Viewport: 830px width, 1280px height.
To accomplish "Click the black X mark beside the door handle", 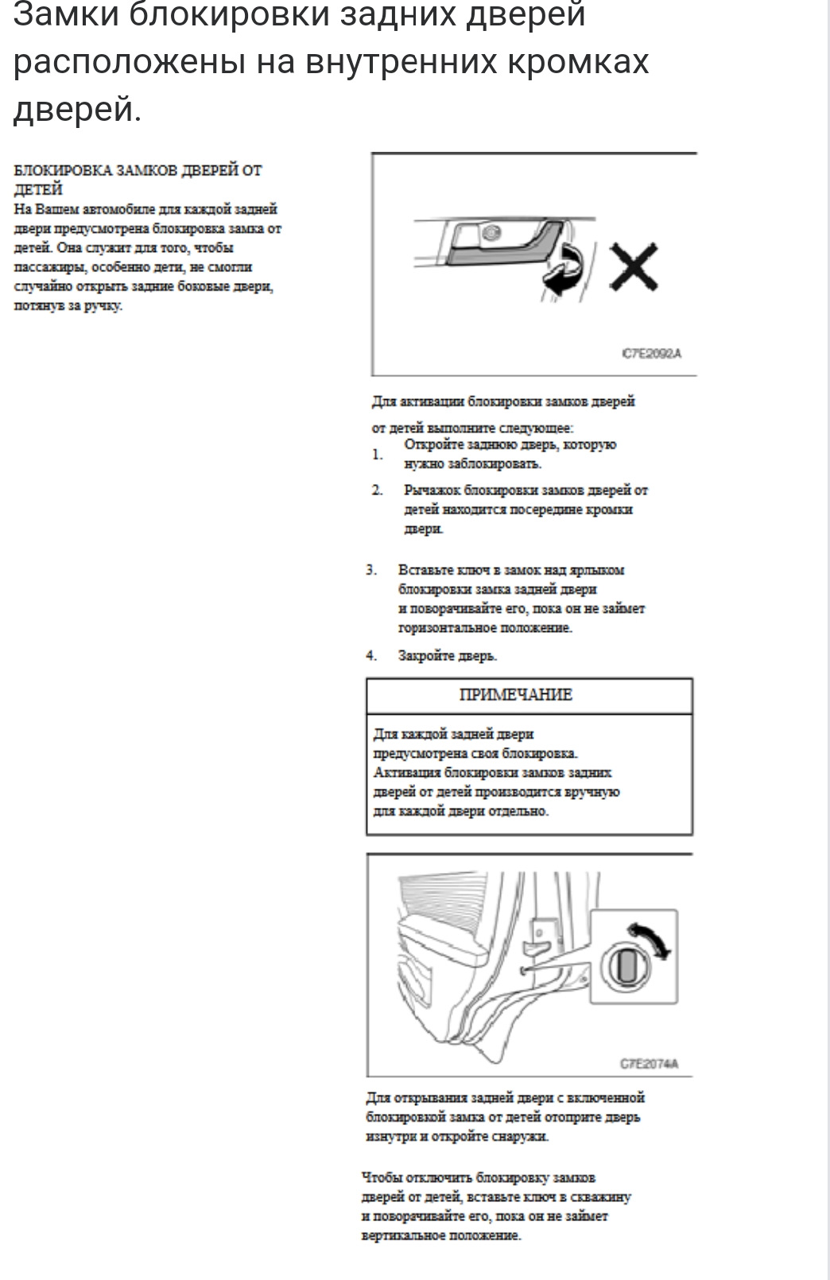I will point(634,266).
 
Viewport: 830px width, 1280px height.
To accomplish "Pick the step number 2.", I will point(377,490).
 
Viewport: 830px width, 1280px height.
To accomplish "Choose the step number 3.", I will point(371,570).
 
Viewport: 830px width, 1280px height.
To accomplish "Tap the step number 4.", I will point(371,656).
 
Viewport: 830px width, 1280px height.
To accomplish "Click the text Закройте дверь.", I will point(448,656).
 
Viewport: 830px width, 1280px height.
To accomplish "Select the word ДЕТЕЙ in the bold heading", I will point(38,189).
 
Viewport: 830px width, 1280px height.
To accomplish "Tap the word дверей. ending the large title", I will point(76,109).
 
